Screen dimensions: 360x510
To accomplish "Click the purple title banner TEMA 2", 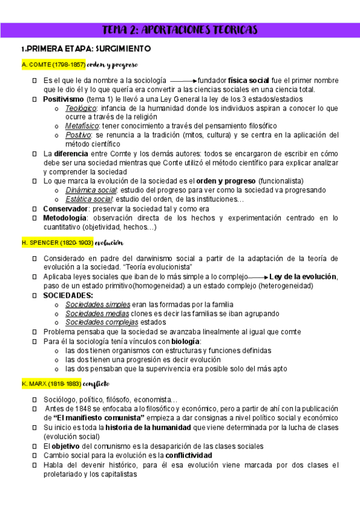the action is (180, 29).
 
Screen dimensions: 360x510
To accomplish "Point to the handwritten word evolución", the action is (109, 242).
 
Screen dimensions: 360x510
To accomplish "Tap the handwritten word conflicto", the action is (96, 382).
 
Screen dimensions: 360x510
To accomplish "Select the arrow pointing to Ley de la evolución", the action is (259, 277).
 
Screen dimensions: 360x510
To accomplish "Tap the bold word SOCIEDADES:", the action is (68, 295).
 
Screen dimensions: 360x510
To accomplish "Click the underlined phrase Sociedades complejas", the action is (98, 322).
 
